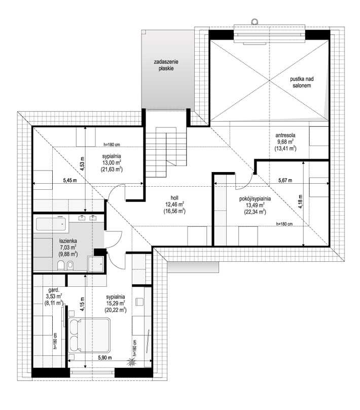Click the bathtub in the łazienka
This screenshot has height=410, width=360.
(51, 224)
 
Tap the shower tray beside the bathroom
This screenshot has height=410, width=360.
(96, 264)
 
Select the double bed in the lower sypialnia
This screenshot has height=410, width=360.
(89, 336)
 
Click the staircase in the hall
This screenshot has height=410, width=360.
(166, 152)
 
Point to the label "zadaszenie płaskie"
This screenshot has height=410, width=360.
(166, 65)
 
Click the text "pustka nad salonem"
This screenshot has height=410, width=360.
(302, 82)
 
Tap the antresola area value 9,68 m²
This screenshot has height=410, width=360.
(285, 142)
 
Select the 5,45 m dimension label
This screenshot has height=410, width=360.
(70, 181)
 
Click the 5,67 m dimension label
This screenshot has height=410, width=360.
(285, 180)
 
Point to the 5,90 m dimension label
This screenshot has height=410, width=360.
(105, 358)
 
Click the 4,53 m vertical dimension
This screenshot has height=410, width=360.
(82, 164)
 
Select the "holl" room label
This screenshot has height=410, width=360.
(174, 198)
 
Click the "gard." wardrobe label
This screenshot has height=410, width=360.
(54, 290)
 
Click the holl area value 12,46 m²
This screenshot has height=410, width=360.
(174, 204)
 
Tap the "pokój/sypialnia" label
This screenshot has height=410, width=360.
(255, 199)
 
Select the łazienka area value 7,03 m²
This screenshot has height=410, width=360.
(67, 247)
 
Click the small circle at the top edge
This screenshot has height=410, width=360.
(254, 21)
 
